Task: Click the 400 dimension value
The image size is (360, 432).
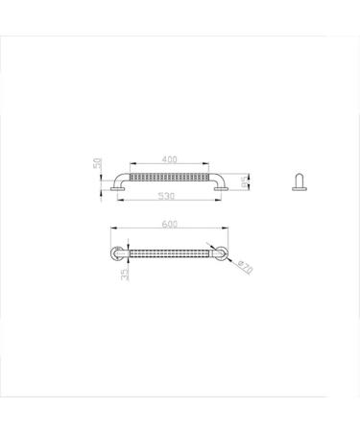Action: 168,160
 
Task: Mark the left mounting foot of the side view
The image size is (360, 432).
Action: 115,189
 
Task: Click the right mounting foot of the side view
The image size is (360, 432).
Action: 224,189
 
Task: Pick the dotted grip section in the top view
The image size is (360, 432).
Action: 168,253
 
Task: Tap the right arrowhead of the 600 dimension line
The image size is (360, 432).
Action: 226,231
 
